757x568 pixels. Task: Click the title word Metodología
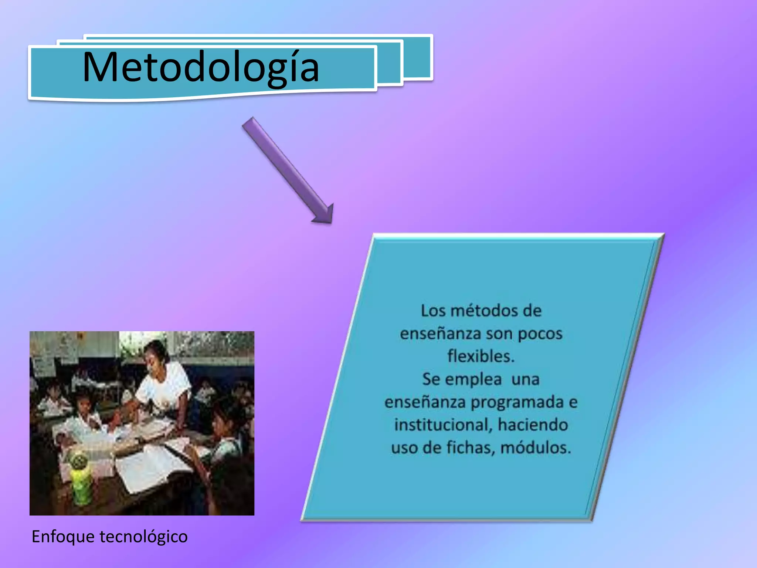pos(201,68)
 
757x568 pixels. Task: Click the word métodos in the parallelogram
pos(485,311)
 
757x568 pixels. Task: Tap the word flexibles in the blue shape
pos(480,356)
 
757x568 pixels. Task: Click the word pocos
pos(540,334)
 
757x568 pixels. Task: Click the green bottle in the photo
pos(81,481)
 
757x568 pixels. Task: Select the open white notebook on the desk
pos(148,466)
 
